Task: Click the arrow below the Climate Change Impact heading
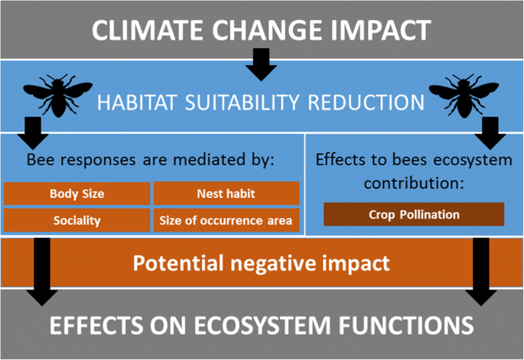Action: point(262,64)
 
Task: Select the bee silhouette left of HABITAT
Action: point(58,96)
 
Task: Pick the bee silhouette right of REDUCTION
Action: point(464,96)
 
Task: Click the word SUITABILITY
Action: point(242,102)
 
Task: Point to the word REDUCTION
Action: point(366,102)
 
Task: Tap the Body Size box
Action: point(76,193)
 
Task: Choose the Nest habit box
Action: point(226,193)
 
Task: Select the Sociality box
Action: point(76,220)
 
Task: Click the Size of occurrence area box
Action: point(226,220)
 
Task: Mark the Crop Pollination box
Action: point(414,215)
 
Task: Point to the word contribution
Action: point(414,183)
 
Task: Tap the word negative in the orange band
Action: point(272,264)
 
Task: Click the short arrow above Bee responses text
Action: point(33,133)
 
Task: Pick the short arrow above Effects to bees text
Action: point(490,133)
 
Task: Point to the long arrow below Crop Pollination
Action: point(481,272)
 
